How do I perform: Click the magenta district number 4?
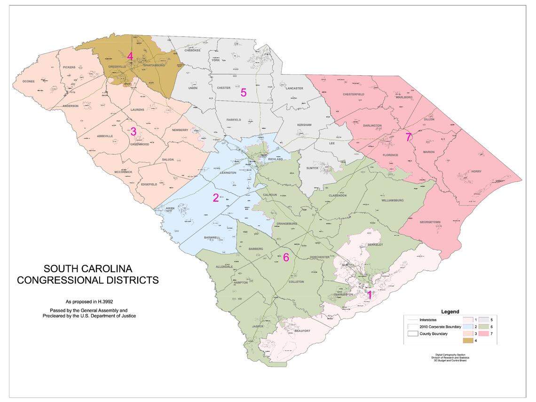pos(130,57)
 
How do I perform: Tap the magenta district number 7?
pos(408,137)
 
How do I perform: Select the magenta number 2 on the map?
pos(215,197)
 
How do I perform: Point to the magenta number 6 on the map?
pos(285,257)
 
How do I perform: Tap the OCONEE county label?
pos(29,81)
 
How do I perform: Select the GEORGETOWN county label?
pos(430,221)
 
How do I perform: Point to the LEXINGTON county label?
pos(228,173)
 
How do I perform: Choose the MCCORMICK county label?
pos(123,172)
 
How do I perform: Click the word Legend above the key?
pos(450,312)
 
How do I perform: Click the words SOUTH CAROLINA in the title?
pos(88,269)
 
